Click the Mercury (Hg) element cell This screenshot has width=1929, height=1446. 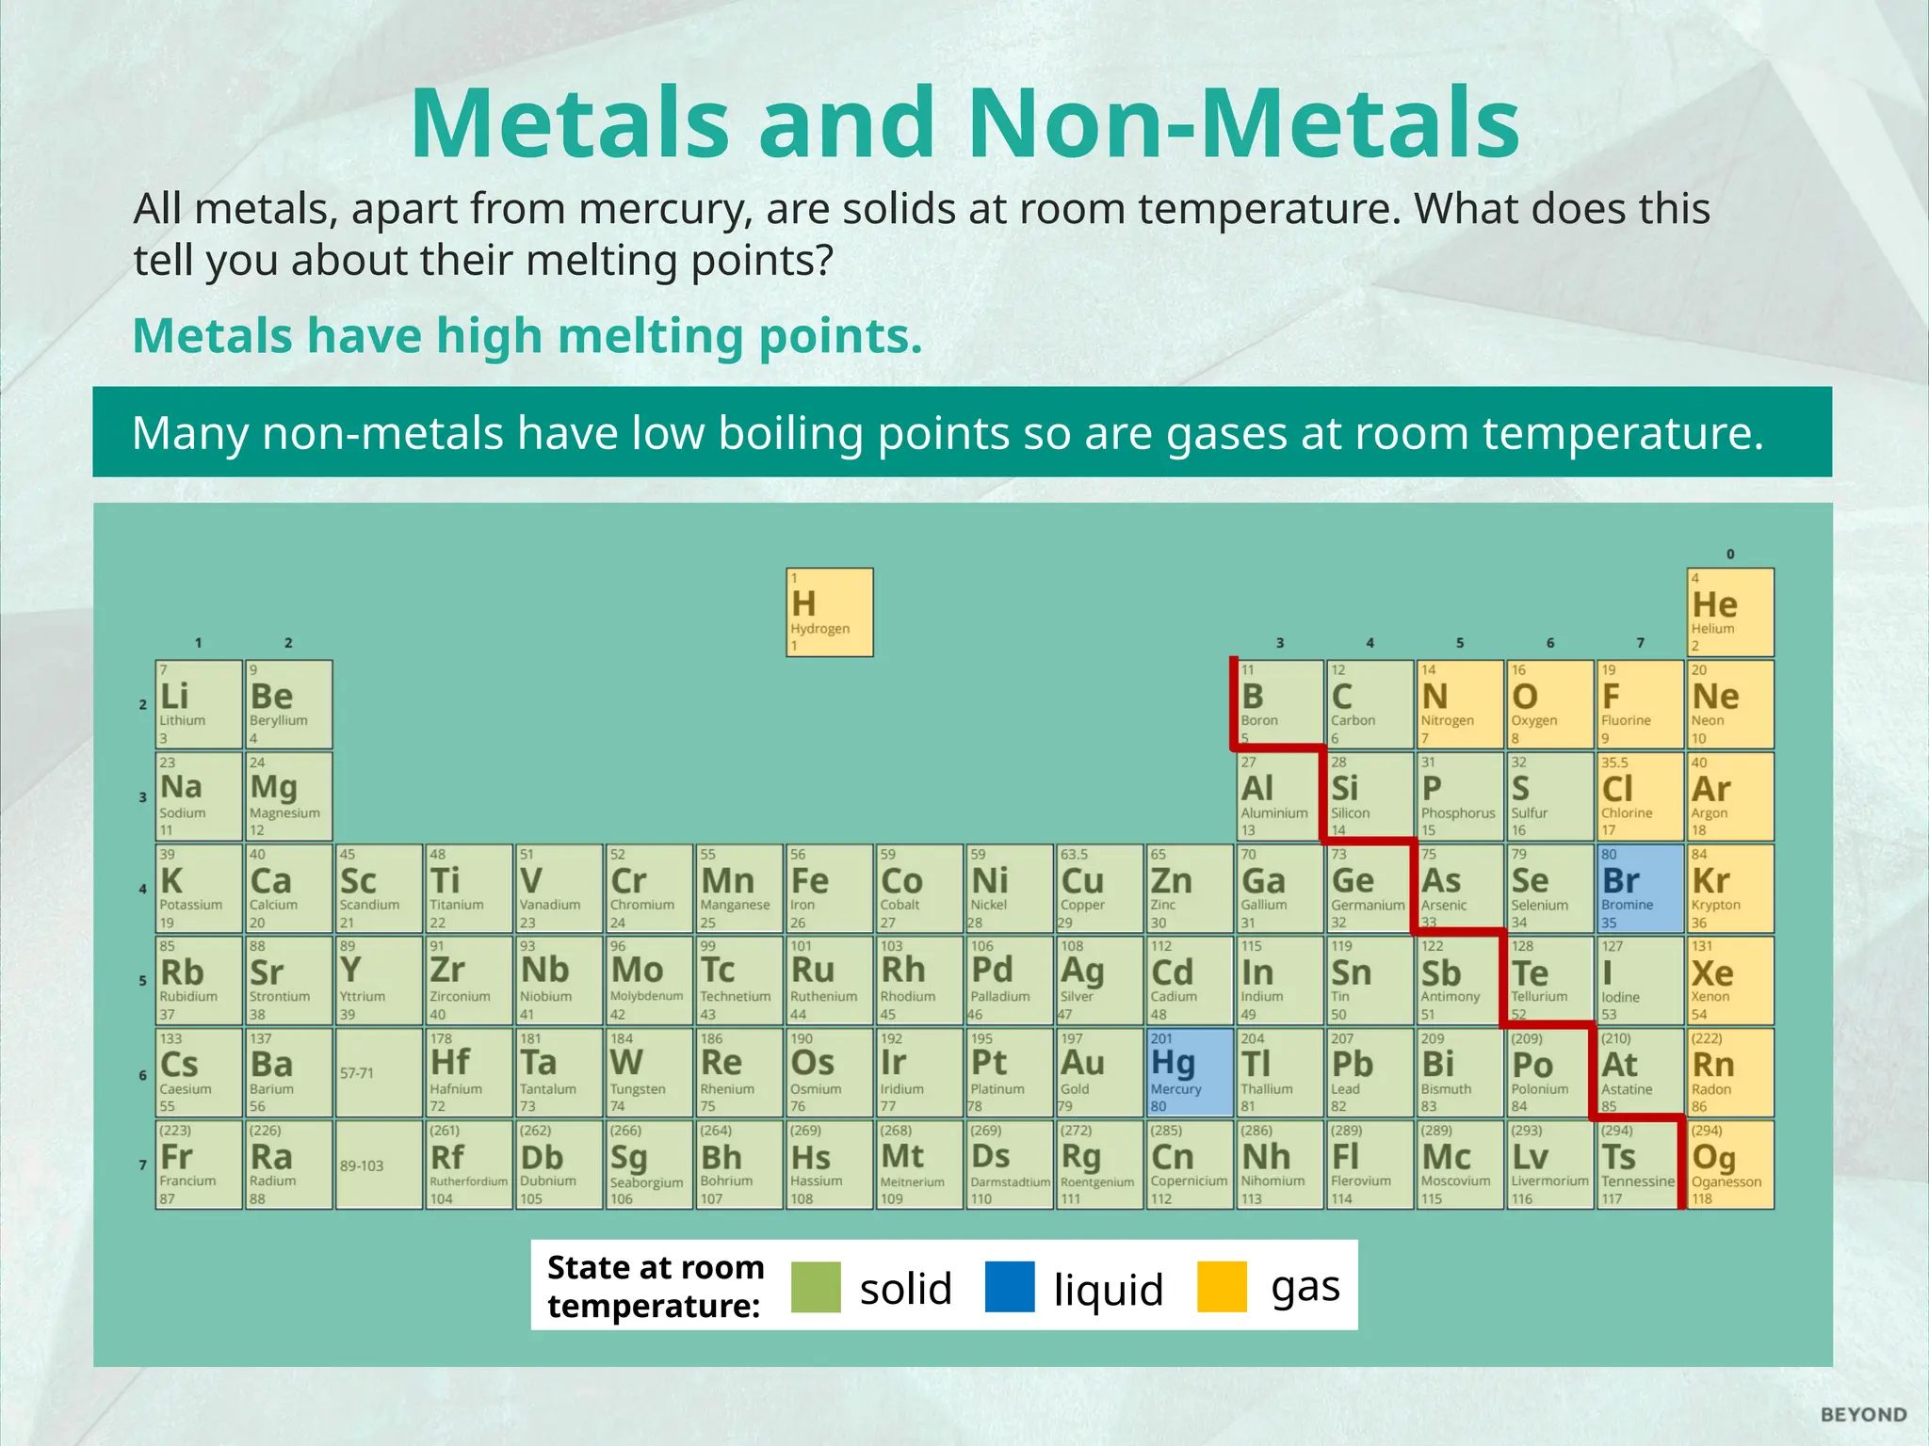(x=1190, y=1072)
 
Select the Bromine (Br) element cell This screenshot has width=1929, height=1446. (x=1640, y=888)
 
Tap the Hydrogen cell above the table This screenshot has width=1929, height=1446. (x=829, y=612)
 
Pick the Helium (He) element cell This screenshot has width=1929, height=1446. (x=1730, y=612)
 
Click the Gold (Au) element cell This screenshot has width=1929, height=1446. (x=1099, y=1072)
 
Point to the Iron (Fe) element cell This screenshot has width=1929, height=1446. (x=829, y=888)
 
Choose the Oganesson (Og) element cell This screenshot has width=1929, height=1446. (x=1730, y=1164)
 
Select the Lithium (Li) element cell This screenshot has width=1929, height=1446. (x=199, y=704)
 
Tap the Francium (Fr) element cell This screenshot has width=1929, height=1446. (x=199, y=1164)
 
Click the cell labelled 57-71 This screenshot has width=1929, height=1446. (x=379, y=1072)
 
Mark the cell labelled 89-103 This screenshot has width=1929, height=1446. (x=379, y=1165)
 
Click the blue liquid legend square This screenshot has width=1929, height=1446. (x=1009, y=1286)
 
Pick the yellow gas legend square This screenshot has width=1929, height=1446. (x=1222, y=1286)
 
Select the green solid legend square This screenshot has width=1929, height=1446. (x=816, y=1286)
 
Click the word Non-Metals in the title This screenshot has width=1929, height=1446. (x=1243, y=123)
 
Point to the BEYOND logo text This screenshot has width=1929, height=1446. (x=1863, y=1414)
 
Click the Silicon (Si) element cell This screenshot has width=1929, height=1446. (x=1370, y=796)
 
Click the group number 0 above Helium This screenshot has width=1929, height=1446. (x=1730, y=554)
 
